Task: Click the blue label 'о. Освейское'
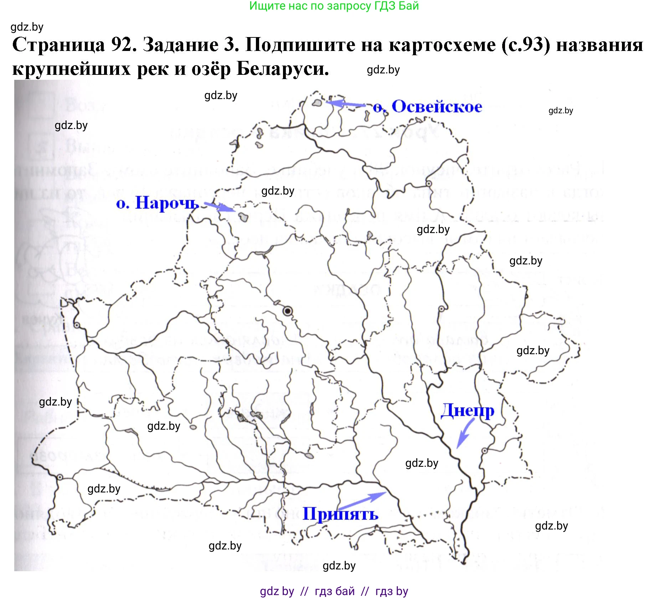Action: coord(428,107)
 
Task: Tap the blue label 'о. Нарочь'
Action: coord(157,203)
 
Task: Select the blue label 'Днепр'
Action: coord(467,410)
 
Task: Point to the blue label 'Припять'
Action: coord(340,514)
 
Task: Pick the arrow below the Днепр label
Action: coord(465,433)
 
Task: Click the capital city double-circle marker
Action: coord(288,311)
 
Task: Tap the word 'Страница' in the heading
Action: coord(59,45)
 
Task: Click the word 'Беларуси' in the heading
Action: coord(282,68)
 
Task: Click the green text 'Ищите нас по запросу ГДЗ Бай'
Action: coord(334,6)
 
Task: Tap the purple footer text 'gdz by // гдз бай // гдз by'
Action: coord(334,591)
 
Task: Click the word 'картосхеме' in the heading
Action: coord(442,45)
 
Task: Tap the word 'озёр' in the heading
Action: coord(211,68)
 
